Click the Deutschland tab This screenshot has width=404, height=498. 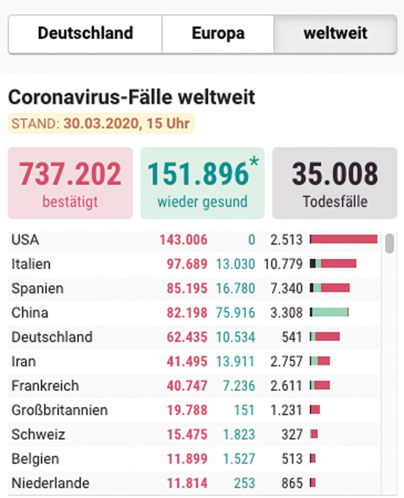tap(85, 34)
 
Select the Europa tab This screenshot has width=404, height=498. tap(218, 34)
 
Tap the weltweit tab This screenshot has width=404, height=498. tap(335, 34)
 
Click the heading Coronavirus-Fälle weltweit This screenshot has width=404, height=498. tap(132, 97)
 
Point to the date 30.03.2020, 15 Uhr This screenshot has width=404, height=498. tap(127, 123)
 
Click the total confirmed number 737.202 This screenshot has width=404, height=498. tap(70, 174)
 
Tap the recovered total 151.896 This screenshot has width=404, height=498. tap(198, 174)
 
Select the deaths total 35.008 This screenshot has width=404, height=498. tap(335, 174)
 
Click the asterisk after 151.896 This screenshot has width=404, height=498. tap(254, 162)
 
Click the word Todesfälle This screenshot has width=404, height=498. tap(335, 202)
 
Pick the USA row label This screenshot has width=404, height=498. tap(25, 240)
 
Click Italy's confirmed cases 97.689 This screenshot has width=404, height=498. tap(187, 264)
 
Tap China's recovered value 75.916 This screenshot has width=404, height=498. tap(236, 313)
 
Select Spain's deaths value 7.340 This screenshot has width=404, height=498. tap(286, 288)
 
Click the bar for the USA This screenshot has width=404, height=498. tap(344, 239)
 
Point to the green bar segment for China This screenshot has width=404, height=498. tap(330, 312)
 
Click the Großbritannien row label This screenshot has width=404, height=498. tap(59, 410)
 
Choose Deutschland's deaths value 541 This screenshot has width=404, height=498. tap(292, 337)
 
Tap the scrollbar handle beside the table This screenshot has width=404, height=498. tap(389, 243)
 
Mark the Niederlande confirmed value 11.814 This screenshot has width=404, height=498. tap(187, 483)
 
